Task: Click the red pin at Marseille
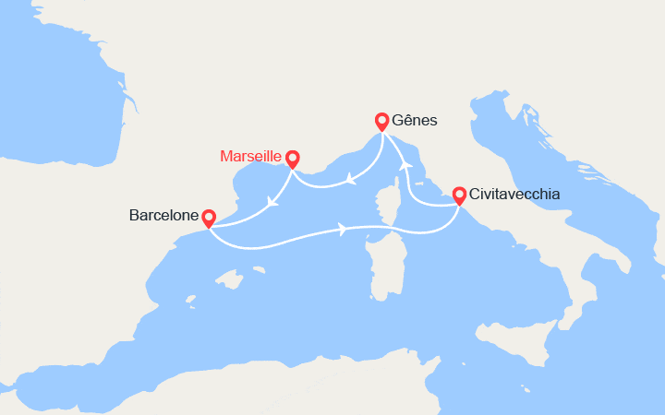[292, 159]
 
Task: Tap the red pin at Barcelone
[209, 218]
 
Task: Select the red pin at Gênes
[381, 121]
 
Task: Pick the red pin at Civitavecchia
[459, 196]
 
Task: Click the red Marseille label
[251, 157]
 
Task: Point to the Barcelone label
[163, 217]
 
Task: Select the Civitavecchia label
[514, 196]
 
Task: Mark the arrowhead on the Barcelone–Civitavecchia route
[344, 229]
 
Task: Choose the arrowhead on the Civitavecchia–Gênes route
[403, 165]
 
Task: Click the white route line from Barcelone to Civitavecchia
[277, 244]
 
